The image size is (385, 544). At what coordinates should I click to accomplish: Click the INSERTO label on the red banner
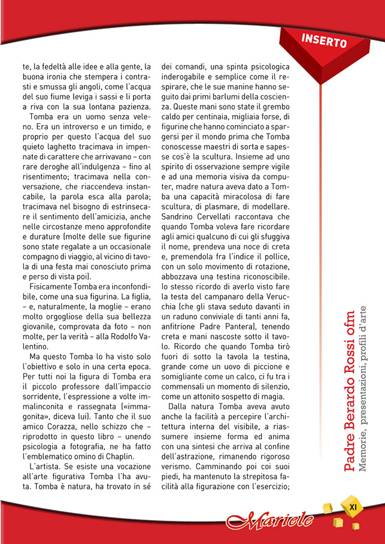[325, 41]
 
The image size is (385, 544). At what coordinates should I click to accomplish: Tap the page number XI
[353, 507]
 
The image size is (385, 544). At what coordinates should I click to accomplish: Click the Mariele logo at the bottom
[269, 519]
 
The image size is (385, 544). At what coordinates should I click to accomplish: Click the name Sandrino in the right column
[181, 216]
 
